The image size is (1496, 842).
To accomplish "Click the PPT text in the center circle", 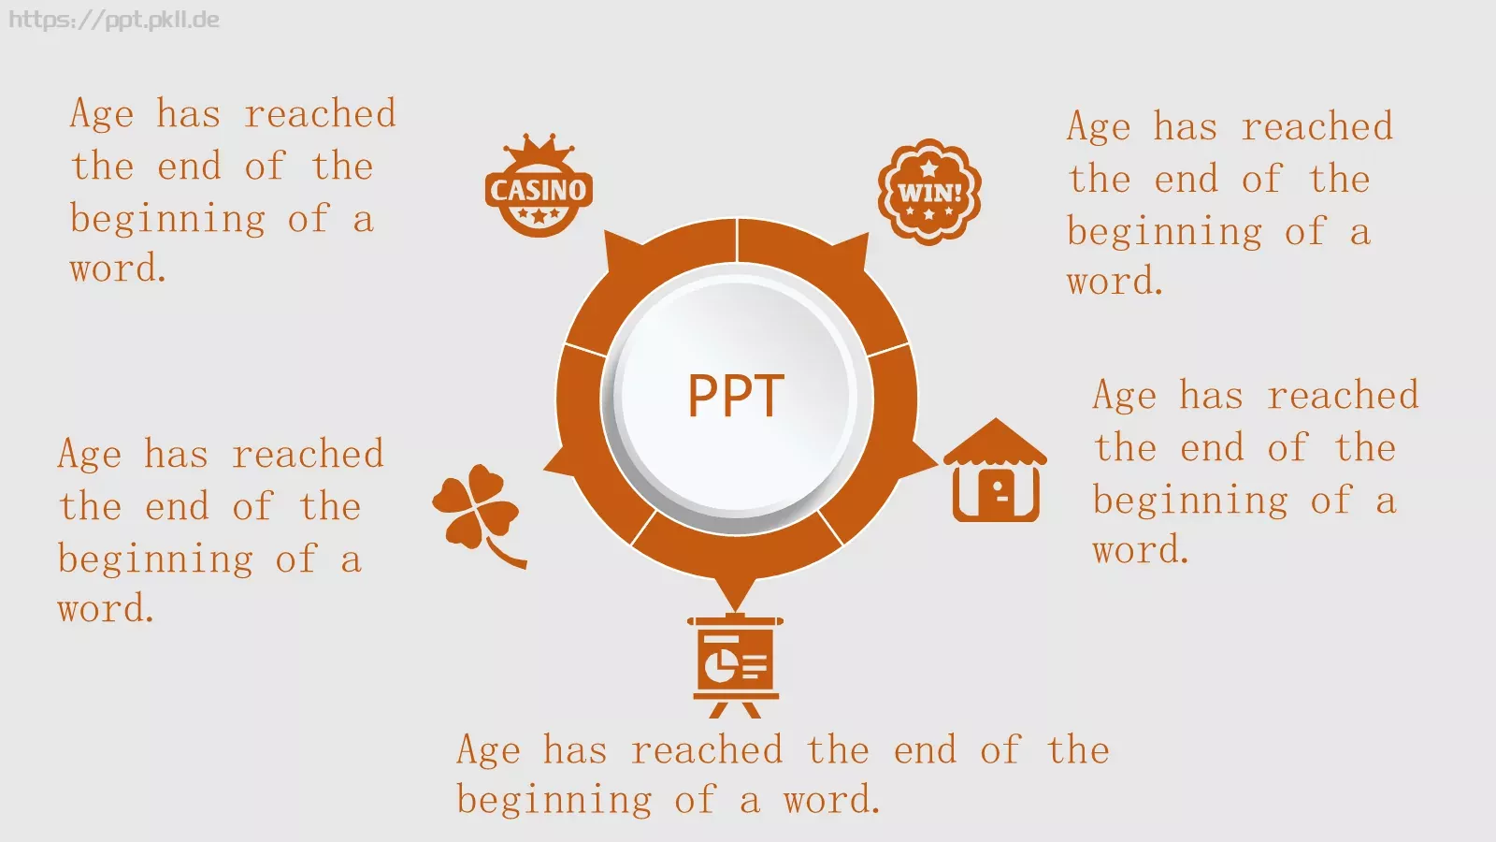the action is coord(735,395).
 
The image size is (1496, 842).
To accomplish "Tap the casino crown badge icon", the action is coord(539,185).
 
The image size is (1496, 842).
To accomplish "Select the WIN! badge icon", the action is coord(929,192).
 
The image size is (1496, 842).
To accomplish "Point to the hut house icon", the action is coord(995,470).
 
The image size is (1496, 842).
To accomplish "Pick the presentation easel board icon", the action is coord(735,666).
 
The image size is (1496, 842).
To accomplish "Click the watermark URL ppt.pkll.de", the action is coord(114,20).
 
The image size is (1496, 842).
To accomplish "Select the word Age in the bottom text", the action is coord(488,749).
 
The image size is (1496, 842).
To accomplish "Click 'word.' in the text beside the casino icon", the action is coord(118,269).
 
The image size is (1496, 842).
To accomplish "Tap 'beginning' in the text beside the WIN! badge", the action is coord(1164,232).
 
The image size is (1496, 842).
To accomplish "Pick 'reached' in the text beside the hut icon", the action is coord(1343,395).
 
